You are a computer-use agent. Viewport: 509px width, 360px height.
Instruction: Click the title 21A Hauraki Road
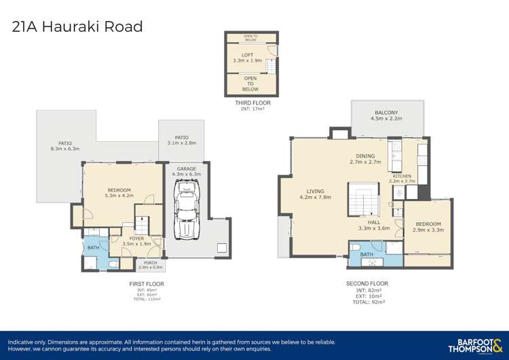78,27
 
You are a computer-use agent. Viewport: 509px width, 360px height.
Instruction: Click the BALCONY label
386,113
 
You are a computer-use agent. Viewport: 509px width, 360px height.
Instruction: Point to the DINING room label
365,156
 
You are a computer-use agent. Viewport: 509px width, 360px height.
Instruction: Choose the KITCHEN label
401,176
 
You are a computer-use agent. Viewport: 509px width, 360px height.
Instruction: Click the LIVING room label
316,192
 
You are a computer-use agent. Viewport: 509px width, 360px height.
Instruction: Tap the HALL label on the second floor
374,222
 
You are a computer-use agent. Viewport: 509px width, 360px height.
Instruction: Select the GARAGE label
187,168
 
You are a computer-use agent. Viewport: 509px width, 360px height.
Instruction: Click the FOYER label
136,238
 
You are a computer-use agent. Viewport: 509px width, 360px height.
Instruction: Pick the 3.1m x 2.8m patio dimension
181,143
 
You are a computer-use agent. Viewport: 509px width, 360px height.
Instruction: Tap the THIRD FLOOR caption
252,103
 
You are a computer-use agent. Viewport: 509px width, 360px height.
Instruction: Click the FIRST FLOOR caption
147,284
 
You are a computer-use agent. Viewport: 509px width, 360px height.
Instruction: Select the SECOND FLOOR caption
366,284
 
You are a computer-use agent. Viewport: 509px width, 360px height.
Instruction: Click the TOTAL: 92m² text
366,302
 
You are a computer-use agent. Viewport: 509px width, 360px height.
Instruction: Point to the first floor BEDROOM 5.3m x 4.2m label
119,193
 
